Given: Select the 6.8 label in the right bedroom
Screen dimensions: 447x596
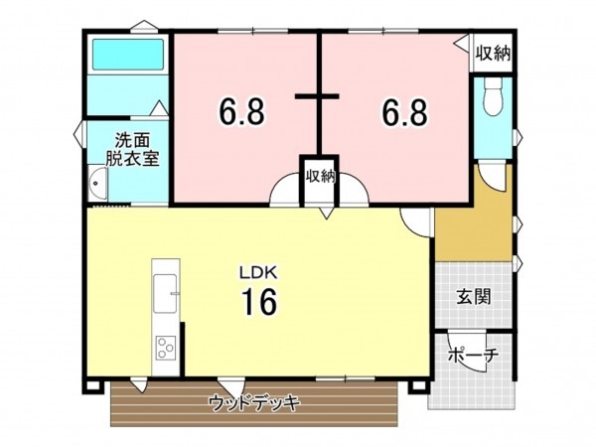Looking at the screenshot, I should tap(405, 112).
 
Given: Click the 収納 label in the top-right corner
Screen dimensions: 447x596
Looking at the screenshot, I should tap(492, 53).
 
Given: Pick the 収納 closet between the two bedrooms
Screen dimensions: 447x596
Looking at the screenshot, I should tap(320, 177).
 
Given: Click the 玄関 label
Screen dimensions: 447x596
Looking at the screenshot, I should tap(473, 296).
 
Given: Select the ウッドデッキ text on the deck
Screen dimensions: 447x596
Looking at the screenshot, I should tap(254, 402).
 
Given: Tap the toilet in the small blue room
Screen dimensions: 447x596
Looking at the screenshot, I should tap(491, 99).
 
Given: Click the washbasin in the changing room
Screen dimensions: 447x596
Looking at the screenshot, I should tap(97, 183).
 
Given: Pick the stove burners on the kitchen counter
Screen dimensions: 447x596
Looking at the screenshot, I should tap(164, 349).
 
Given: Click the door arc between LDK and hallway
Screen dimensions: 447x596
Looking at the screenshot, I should tap(418, 224).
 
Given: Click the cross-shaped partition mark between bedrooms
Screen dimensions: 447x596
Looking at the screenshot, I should tap(319, 96).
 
